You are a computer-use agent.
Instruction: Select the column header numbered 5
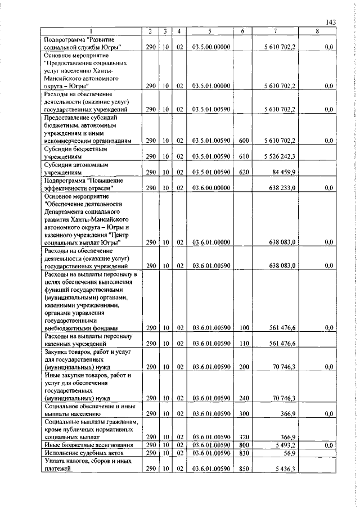click(x=209, y=31)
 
